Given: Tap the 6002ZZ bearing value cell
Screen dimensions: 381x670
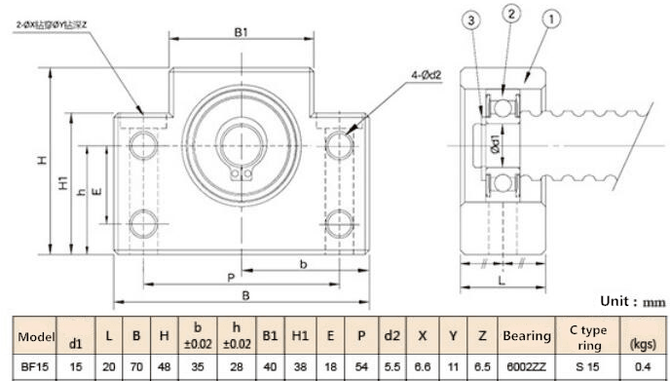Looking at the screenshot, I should (x=526, y=365).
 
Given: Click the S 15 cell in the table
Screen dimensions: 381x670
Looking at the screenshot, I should (x=587, y=365).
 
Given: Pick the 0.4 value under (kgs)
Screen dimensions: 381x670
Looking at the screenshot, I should (x=644, y=365).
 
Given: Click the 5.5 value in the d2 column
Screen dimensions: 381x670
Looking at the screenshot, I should (x=391, y=365).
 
